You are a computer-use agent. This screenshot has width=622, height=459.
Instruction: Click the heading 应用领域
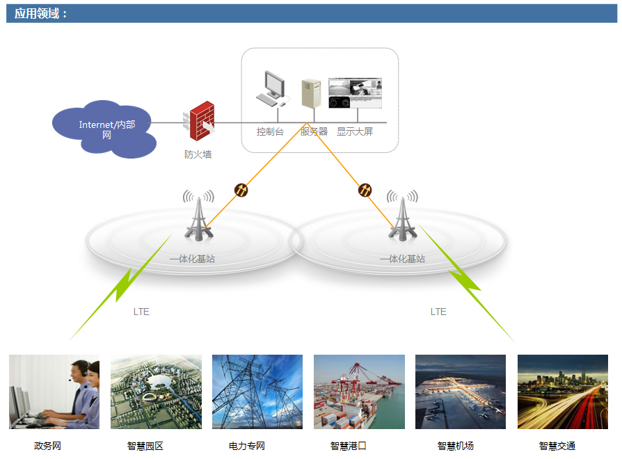click(41, 13)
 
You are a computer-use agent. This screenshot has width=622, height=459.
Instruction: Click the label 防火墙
click(198, 154)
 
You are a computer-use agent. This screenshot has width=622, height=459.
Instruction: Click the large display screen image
click(355, 93)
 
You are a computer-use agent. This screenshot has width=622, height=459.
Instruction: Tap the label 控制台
click(270, 131)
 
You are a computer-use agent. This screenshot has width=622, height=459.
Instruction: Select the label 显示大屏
click(355, 131)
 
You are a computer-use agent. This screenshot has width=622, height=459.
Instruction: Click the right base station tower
click(402, 217)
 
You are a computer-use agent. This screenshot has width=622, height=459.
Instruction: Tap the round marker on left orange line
click(241, 189)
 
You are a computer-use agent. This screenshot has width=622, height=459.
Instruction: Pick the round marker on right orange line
click(365, 189)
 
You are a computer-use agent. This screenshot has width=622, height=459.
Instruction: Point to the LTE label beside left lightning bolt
click(141, 312)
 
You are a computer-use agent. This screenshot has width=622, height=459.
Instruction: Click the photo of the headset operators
click(54, 392)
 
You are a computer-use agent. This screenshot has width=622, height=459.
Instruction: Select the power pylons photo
click(257, 392)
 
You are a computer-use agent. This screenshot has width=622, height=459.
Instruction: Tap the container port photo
click(359, 392)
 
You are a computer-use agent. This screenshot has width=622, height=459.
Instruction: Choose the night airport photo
click(461, 392)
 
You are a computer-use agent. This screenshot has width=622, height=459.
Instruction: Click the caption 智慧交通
click(557, 446)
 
